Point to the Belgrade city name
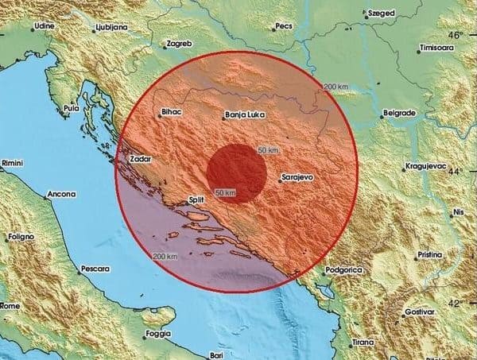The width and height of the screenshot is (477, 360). [x=398, y=113]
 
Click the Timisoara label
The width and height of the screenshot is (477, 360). [x=443, y=47]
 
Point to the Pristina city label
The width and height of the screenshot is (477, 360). [x=432, y=257]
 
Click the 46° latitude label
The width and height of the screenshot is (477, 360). [x=456, y=37]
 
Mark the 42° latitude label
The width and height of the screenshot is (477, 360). [x=456, y=304]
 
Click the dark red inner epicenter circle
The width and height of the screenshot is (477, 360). [x=236, y=172]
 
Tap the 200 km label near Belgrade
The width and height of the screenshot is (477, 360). [x=337, y=87]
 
